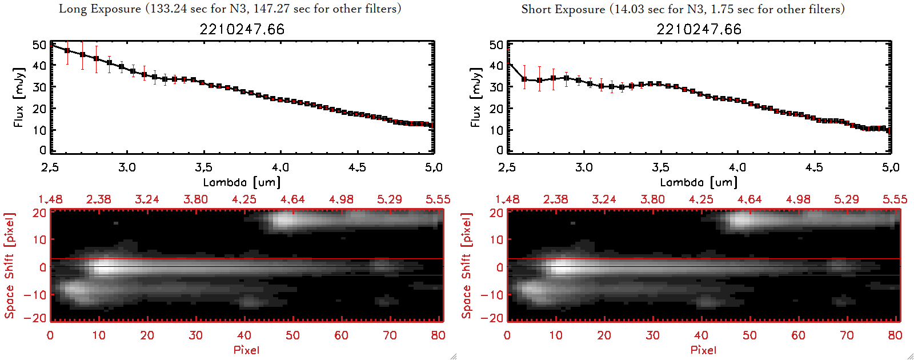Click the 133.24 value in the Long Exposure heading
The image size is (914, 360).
166,9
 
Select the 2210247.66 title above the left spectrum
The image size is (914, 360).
242,29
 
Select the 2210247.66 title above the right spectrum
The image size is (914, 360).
699,29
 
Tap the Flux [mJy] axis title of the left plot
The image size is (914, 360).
19,97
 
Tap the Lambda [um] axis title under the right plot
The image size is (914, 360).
699,182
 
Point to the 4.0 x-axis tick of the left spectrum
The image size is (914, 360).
280,167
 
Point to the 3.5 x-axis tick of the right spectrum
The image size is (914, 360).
660,167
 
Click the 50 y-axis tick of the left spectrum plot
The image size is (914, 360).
39,45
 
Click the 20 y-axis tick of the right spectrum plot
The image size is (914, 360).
496,109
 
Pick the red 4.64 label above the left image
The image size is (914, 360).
292,199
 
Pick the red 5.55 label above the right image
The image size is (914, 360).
895,199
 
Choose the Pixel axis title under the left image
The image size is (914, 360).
246,350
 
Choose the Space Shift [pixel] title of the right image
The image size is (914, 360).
466,266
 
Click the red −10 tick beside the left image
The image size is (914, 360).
35,295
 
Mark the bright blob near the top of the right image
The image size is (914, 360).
740,220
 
